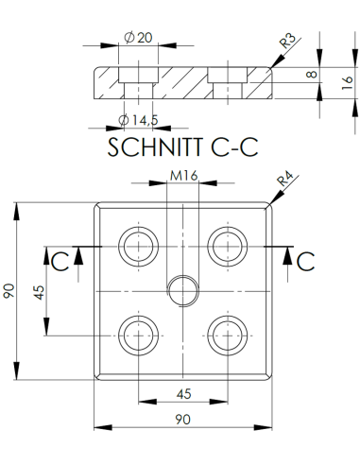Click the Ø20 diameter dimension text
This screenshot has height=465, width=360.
pyautogui.click(x=138, y=37)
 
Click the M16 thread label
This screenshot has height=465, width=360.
pyautogui.click(x=183, y=174)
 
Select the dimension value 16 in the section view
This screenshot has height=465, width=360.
pyautogui.click(x=346, y=82)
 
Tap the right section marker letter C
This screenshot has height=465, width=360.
pyautogui.click(x=305, y=260)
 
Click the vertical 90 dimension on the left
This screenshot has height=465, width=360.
pyautogui.click(x=10, y=290)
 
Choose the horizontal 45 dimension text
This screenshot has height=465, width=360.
pyautogui.click(x=183, y=393)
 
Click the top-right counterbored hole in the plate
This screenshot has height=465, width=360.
pyautogui.click(x=227, y=246)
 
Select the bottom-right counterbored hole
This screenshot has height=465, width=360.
pyautogui.click(x=227, y=333)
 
